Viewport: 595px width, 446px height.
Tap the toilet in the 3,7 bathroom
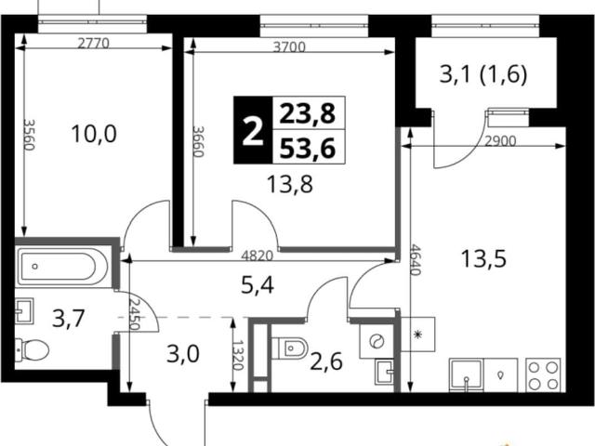32,349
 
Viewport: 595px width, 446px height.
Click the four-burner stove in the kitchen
544,375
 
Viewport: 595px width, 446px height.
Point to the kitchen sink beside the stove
467,375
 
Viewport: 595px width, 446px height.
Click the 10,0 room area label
94,134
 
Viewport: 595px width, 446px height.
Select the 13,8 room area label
290,185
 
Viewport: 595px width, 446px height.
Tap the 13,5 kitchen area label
483,259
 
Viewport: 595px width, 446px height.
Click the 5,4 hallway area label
258,285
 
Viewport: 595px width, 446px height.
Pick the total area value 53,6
308,148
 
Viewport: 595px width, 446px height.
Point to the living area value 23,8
308,113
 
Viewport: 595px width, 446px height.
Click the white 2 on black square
253,130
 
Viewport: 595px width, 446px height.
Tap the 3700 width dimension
289,47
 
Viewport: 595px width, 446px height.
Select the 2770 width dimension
93,44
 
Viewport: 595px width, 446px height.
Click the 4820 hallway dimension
258,256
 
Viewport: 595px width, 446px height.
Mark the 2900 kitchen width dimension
500,141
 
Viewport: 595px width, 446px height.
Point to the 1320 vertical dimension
238,355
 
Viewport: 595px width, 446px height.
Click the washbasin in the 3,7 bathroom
25,310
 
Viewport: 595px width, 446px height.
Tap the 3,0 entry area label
183,355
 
